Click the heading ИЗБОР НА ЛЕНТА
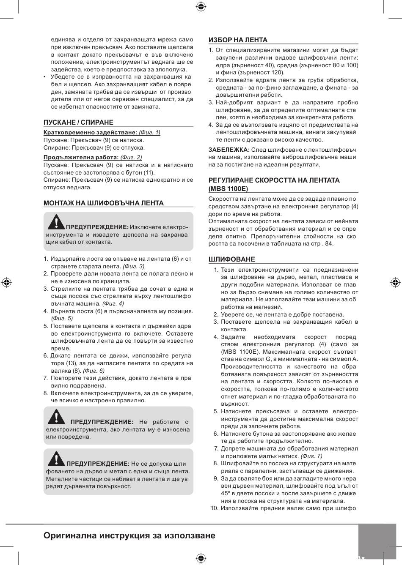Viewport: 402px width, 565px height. click(x=238, y=40)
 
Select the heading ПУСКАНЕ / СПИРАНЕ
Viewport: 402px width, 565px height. click(x=78, y=123)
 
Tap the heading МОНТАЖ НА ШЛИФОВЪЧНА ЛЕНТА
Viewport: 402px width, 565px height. click(x=104, y=203)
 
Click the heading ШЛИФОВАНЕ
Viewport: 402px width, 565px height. click(x=231, y=259)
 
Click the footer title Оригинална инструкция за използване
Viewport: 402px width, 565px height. click(x=129, y=536)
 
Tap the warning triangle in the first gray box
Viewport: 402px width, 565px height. click(x=55, y=221)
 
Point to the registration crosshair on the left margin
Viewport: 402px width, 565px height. click(x=6, y=282)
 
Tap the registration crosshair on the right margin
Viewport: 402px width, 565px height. click(x=395, y=282)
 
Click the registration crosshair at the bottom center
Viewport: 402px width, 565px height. click(x=201, y=558)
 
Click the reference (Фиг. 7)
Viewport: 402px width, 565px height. click(x=311, y=456)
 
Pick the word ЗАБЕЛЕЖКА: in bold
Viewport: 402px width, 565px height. click(x=229, y=150)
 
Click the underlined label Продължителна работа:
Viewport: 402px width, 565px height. click(x=81, y=158)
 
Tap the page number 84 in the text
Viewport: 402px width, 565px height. click(x=329, y=244)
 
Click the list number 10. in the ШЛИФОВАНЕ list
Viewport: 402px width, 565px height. click(x=214, y=508)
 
